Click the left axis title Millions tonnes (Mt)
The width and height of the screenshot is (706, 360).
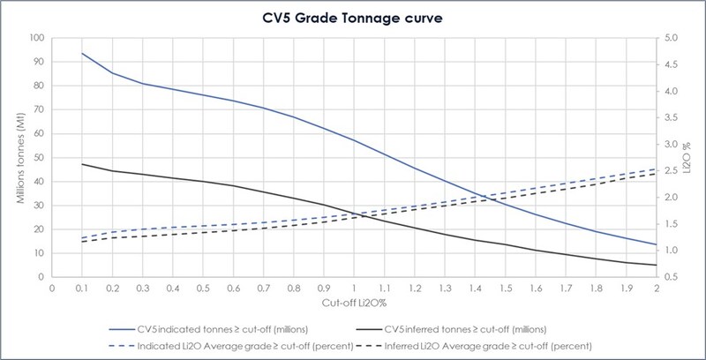tap(19, 158)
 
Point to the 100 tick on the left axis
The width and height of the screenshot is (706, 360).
tap(35, 38)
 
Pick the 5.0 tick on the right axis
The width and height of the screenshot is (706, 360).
tap(670, 38)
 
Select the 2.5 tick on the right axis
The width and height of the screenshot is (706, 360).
tap(670, 171)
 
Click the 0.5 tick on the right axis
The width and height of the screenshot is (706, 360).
tap(670, 277)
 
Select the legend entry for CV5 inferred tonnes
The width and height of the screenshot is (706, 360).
tap(488, 327)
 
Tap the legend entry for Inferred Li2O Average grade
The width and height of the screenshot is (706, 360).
tap(488, 343)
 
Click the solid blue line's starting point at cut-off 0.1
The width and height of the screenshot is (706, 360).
tap(82, 53)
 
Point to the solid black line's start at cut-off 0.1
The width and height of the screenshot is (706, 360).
tap(82, 164)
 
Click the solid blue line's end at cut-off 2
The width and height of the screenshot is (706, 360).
tap(655, 244)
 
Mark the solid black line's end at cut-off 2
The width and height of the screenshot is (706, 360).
tap(655, 265)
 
